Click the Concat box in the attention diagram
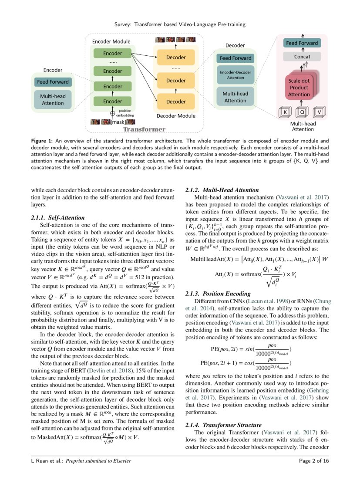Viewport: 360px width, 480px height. tap(302, 57)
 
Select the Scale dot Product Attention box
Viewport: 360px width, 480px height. tap(299, 88)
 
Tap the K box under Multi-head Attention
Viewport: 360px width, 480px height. tap(285, 112)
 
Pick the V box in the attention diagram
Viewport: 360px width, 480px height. tap(320, 112)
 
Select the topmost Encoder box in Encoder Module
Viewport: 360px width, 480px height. tap(112, 54)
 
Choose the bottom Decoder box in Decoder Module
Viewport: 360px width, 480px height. tap(176, 101)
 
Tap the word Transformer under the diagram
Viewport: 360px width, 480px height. tap(144, 130)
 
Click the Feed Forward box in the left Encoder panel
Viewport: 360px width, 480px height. tap(53, 82)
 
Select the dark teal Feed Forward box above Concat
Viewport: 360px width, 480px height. tap(302, 43)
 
